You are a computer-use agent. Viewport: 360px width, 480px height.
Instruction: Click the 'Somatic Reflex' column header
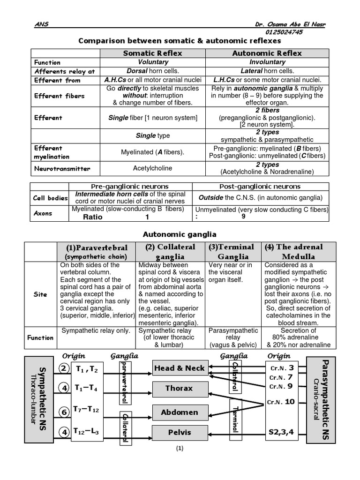(x=152, y=53)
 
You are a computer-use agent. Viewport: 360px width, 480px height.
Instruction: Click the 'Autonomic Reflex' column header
(x=267, y=53)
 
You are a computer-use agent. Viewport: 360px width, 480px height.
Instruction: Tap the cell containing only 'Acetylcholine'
(x=152, y=168)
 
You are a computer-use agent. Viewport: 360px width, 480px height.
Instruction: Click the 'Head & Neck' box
(x=180, y=368)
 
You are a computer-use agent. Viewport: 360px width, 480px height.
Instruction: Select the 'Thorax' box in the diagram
(x=180, y=388)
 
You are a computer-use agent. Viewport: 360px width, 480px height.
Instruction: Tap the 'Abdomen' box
(x=180, y=412)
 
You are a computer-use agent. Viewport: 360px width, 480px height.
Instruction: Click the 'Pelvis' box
(x=180, y=432)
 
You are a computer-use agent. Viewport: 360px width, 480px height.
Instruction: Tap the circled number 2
(x=63, y=369)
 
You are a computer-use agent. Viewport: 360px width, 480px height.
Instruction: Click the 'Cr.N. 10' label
(x=281, y=402)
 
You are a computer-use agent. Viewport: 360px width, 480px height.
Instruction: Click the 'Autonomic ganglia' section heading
(x=180, y=234)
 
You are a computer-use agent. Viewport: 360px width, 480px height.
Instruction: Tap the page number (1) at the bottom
(x=180, y=461)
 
